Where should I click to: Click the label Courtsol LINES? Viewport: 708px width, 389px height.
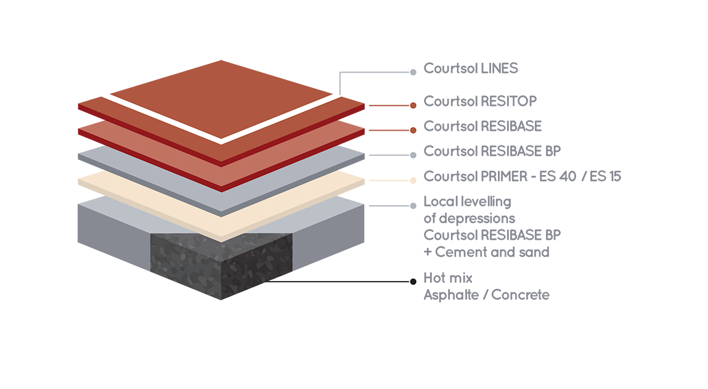click(x=470, y=68)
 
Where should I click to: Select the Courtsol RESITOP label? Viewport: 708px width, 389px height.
click(x=480, y=101)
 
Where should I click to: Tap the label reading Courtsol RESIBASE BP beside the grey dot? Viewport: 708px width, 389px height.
click(x=492, y=151)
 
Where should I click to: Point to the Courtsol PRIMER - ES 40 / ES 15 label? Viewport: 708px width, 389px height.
click(x=522, y=177)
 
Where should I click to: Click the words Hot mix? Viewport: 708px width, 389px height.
click(x=448, y=278)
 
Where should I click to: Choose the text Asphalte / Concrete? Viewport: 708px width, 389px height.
click(x=486, y=295)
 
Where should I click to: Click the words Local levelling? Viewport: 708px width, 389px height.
click(x=467, y=202)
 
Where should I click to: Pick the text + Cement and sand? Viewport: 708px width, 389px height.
click(x=486, y=252)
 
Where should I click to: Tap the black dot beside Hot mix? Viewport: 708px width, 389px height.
click(x=413, y=282)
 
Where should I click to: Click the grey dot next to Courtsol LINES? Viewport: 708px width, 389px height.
click(x=413, y=72)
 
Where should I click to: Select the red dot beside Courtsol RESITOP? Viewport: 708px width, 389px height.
click(x=413, y=105)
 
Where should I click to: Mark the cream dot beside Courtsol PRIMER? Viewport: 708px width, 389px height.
click(x=413, y=180)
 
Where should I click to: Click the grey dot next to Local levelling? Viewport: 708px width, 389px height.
click(x=413, y=205)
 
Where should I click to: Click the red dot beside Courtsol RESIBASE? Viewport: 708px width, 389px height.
click(x=413, y=130)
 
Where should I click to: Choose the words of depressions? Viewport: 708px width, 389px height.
click(x=469, y=218)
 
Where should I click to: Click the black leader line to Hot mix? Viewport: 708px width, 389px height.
click(x=345, y=282)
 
